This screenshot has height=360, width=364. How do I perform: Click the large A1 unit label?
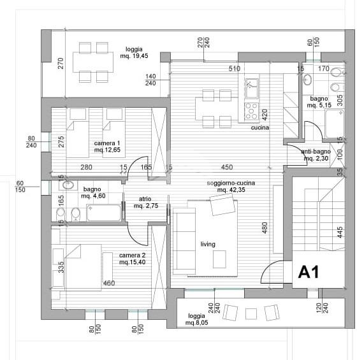[x=309, y=272]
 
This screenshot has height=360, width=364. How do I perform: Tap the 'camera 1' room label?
[x=107, y=143]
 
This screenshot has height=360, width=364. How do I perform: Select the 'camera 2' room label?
[x=133, y=255]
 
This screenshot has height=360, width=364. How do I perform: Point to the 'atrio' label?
[x=145, y=199]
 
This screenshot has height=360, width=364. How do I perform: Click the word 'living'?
[x=208, y=244]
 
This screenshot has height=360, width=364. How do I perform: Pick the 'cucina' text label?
[x=260, y=127]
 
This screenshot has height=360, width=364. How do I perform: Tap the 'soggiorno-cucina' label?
[x=231, y=183]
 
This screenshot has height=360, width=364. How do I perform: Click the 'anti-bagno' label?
[x=316, y=152]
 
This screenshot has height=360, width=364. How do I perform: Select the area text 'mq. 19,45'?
[x=134, y=56]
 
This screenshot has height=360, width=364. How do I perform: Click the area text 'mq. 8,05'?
[x=196, y=322]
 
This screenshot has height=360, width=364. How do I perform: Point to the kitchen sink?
[x=252, y=89]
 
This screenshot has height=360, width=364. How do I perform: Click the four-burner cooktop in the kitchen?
[x=252, y=111]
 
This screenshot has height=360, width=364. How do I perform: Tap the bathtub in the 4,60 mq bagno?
[x=104, y=213]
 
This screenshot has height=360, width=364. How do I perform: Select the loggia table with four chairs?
[x=93, y=62]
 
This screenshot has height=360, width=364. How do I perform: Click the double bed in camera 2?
[x=84, y=268]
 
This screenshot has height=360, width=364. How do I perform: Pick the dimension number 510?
[x=235, y=69]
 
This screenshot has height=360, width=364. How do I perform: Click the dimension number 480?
[x=265, y=227]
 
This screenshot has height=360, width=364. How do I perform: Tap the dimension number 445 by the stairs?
[x=340, y=232]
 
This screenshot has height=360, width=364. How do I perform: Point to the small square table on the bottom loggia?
[x=251, y=313]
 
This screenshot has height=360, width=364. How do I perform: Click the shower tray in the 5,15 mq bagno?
[x=335, y=124]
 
